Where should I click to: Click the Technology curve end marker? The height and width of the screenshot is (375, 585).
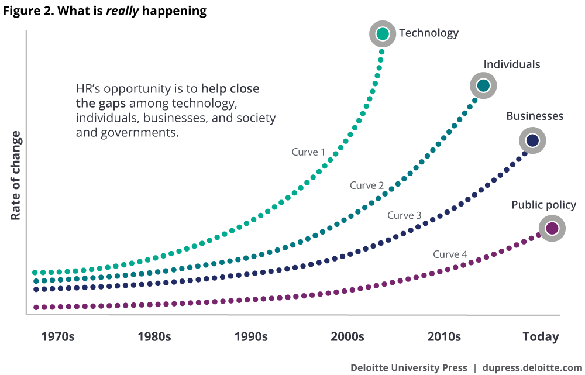383,34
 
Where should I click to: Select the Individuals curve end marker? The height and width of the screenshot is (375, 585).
483,86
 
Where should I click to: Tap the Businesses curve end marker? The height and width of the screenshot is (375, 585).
532,141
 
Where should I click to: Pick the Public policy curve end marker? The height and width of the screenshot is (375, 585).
552,228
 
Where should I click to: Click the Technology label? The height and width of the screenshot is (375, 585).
429,33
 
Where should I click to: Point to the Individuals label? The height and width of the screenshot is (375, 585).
511,64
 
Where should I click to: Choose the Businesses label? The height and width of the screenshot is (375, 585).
535,116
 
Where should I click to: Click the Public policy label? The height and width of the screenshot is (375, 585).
543,205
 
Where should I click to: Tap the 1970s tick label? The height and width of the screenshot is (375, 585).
58,337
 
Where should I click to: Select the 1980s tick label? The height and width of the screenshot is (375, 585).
154,337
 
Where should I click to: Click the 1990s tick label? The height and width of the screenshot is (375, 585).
251,337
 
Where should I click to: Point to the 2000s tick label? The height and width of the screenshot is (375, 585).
347,337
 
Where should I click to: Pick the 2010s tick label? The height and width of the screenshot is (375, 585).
443,337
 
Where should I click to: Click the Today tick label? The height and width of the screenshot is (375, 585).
541,337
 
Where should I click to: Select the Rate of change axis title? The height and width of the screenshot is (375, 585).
16,176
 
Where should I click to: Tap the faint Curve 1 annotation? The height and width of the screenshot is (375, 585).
308,152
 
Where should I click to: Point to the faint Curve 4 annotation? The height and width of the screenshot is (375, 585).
450,254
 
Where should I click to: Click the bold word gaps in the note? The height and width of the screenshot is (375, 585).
113,104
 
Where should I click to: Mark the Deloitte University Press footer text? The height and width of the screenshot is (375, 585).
408,368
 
